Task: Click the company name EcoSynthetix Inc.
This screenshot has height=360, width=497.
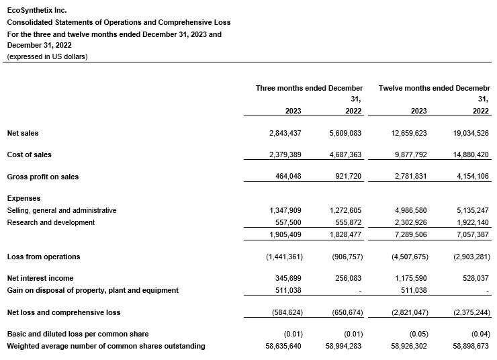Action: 37,11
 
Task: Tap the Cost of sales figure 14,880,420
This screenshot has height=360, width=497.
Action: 467,154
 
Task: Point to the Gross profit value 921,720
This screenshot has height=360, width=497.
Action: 347,177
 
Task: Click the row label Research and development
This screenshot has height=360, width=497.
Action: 51,222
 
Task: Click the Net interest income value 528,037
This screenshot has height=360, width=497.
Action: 473,278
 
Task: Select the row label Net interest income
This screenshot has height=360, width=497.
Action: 40,278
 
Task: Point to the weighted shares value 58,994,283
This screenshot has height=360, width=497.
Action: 342,347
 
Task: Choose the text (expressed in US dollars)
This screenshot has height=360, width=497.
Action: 47,56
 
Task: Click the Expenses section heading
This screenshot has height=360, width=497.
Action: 24,199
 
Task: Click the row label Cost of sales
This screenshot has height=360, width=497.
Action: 30,154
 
